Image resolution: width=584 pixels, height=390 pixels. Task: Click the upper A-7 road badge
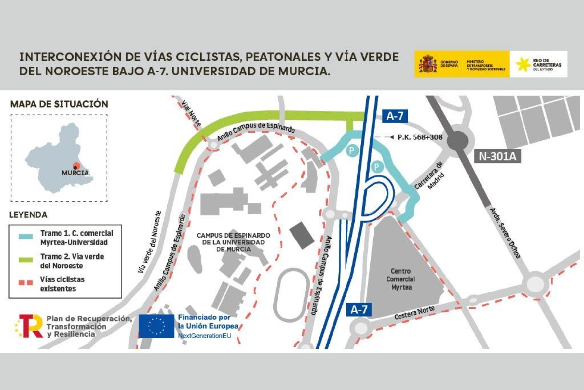(395, 116)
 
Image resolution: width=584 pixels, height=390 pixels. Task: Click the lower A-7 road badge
(359, 309)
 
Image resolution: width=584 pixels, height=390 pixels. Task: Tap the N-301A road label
(497, 156)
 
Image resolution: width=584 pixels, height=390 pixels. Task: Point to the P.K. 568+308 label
(420, 137)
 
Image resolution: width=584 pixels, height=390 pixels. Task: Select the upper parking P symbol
(351, 150)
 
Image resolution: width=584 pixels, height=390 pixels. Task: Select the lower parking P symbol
(376, 167)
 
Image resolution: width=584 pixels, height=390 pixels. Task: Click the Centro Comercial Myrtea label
(401, 279)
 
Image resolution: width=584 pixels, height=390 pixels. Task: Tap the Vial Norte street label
(191, 113)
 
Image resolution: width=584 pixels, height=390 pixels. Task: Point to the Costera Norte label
(414, 312)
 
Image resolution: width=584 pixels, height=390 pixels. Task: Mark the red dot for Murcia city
(76, 166)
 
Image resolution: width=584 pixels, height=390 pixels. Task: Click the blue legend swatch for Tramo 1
(26, 237)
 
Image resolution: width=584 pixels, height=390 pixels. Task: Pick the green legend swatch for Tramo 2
(26, 260)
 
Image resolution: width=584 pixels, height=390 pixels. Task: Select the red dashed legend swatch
(26, 282)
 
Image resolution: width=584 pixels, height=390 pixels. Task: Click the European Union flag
(156, 326)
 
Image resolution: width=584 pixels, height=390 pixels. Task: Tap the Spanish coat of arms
(428, 64)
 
